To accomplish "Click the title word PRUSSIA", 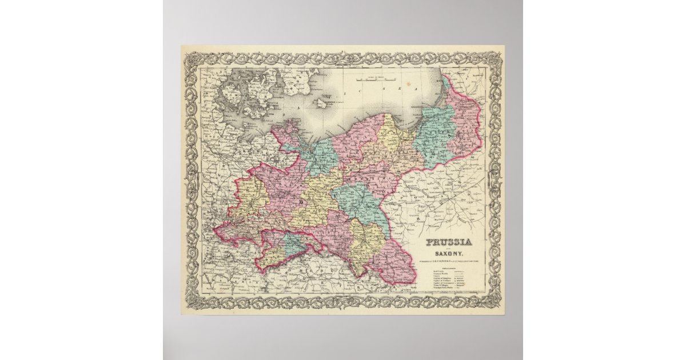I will click(448, 242).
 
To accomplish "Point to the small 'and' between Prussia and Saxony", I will click(448, 249).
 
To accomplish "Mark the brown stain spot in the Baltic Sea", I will click(322, 103).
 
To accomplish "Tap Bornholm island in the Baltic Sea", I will click(322, 103).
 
